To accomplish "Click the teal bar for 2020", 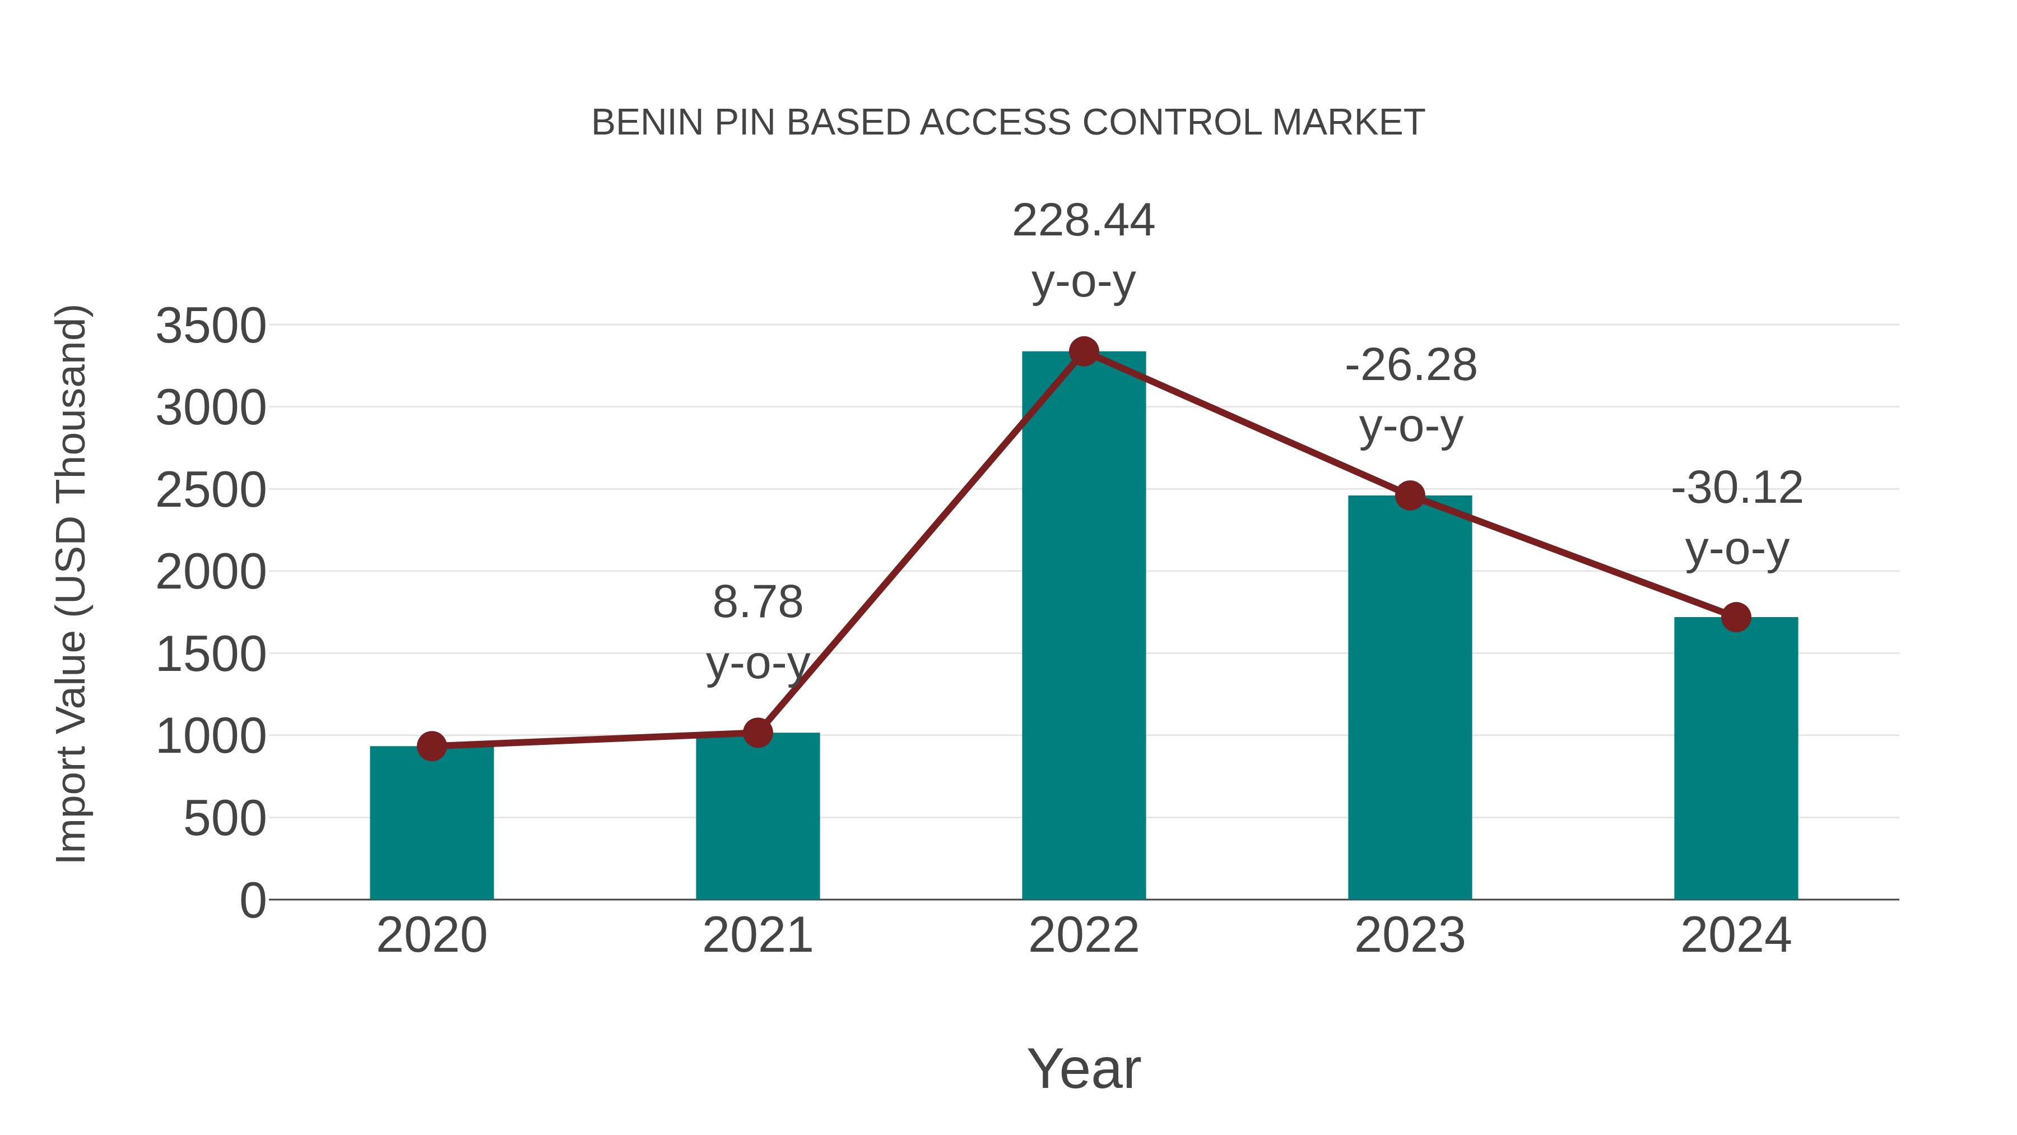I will [431, 822].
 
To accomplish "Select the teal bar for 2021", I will [757, 816].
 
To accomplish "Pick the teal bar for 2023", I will [1410, 697].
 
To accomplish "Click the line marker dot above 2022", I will [1084, 351].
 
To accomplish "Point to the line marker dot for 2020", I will [431, 747].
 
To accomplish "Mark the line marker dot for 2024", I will [1736, 617].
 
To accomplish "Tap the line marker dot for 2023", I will [1410, 496].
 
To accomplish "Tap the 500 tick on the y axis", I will [225, 819].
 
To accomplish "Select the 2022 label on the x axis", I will [1084, 935].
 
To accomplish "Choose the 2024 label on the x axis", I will [1736, 935].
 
